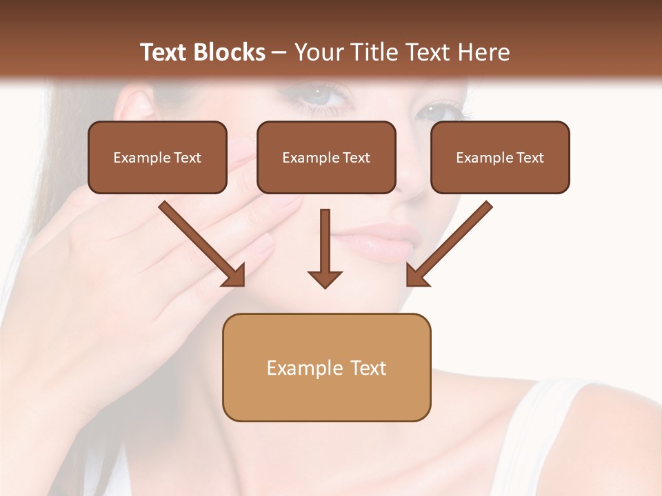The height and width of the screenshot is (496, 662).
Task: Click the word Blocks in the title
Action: coord(230,52)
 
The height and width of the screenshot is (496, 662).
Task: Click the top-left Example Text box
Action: coord(157,158)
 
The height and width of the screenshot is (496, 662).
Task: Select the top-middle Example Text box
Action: coord(326,158)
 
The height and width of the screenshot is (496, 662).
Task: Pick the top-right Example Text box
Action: coord(500,158)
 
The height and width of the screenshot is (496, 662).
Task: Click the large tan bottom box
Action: coord(326,367)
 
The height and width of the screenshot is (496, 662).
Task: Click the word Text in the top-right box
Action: coord(530,158)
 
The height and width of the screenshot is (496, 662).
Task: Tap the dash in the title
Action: coord(279,52)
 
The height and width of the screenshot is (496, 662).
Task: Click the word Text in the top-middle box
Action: coord(356,158)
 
